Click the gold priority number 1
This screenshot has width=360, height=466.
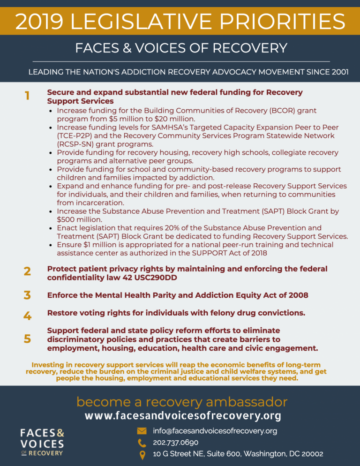tap(27, 96)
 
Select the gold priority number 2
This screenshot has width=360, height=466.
tap(28, 272)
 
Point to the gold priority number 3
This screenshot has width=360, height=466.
tap(28, 295)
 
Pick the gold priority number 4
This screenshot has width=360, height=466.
tap(28, 316)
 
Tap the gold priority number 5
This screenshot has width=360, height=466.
tap(28, 338)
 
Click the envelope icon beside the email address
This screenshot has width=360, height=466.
tap(141, 431)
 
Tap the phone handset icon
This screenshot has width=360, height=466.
tap(141, 442)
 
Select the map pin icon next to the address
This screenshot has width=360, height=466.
tap(141, 454)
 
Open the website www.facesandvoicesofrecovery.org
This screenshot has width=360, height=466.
tap(183, 416)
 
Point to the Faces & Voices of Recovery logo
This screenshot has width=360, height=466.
tap(42, 441)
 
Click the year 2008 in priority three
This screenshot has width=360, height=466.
tap(298, 295)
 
